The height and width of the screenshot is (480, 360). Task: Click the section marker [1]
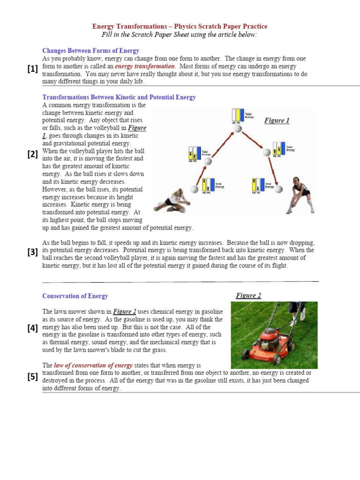[32, 69]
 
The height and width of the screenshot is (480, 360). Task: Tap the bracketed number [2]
[32, 154]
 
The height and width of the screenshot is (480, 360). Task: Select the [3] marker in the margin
[32, 252]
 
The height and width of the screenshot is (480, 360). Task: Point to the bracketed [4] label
[32, 328]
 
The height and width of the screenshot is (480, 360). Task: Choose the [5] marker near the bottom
[32, 376]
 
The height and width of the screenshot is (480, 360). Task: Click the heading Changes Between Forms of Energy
[90, 51]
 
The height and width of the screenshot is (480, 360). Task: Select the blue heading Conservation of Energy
[75, 296]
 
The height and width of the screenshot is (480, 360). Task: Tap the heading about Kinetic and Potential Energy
[119, 97]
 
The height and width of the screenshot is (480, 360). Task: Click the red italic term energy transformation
[145, 67]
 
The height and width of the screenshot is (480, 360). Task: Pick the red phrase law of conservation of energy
[93, 365]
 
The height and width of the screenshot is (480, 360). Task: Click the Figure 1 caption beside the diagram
[277, 120]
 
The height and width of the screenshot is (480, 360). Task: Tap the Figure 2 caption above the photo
[248, 295]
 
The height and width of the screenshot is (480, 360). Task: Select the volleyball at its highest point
[238, 129]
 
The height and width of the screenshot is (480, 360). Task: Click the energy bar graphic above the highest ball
[238, 116]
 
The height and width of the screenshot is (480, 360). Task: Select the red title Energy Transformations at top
[180, 27]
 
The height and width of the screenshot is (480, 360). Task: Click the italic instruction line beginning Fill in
[180, 35]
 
